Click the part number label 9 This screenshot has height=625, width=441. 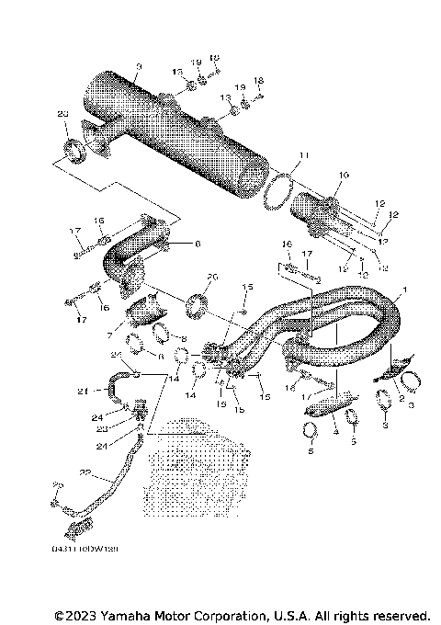tap(138, 66)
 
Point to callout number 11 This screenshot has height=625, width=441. tap(305, 153)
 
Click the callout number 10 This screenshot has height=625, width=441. tap(345, 175)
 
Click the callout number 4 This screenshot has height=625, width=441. tap(336, 428)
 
